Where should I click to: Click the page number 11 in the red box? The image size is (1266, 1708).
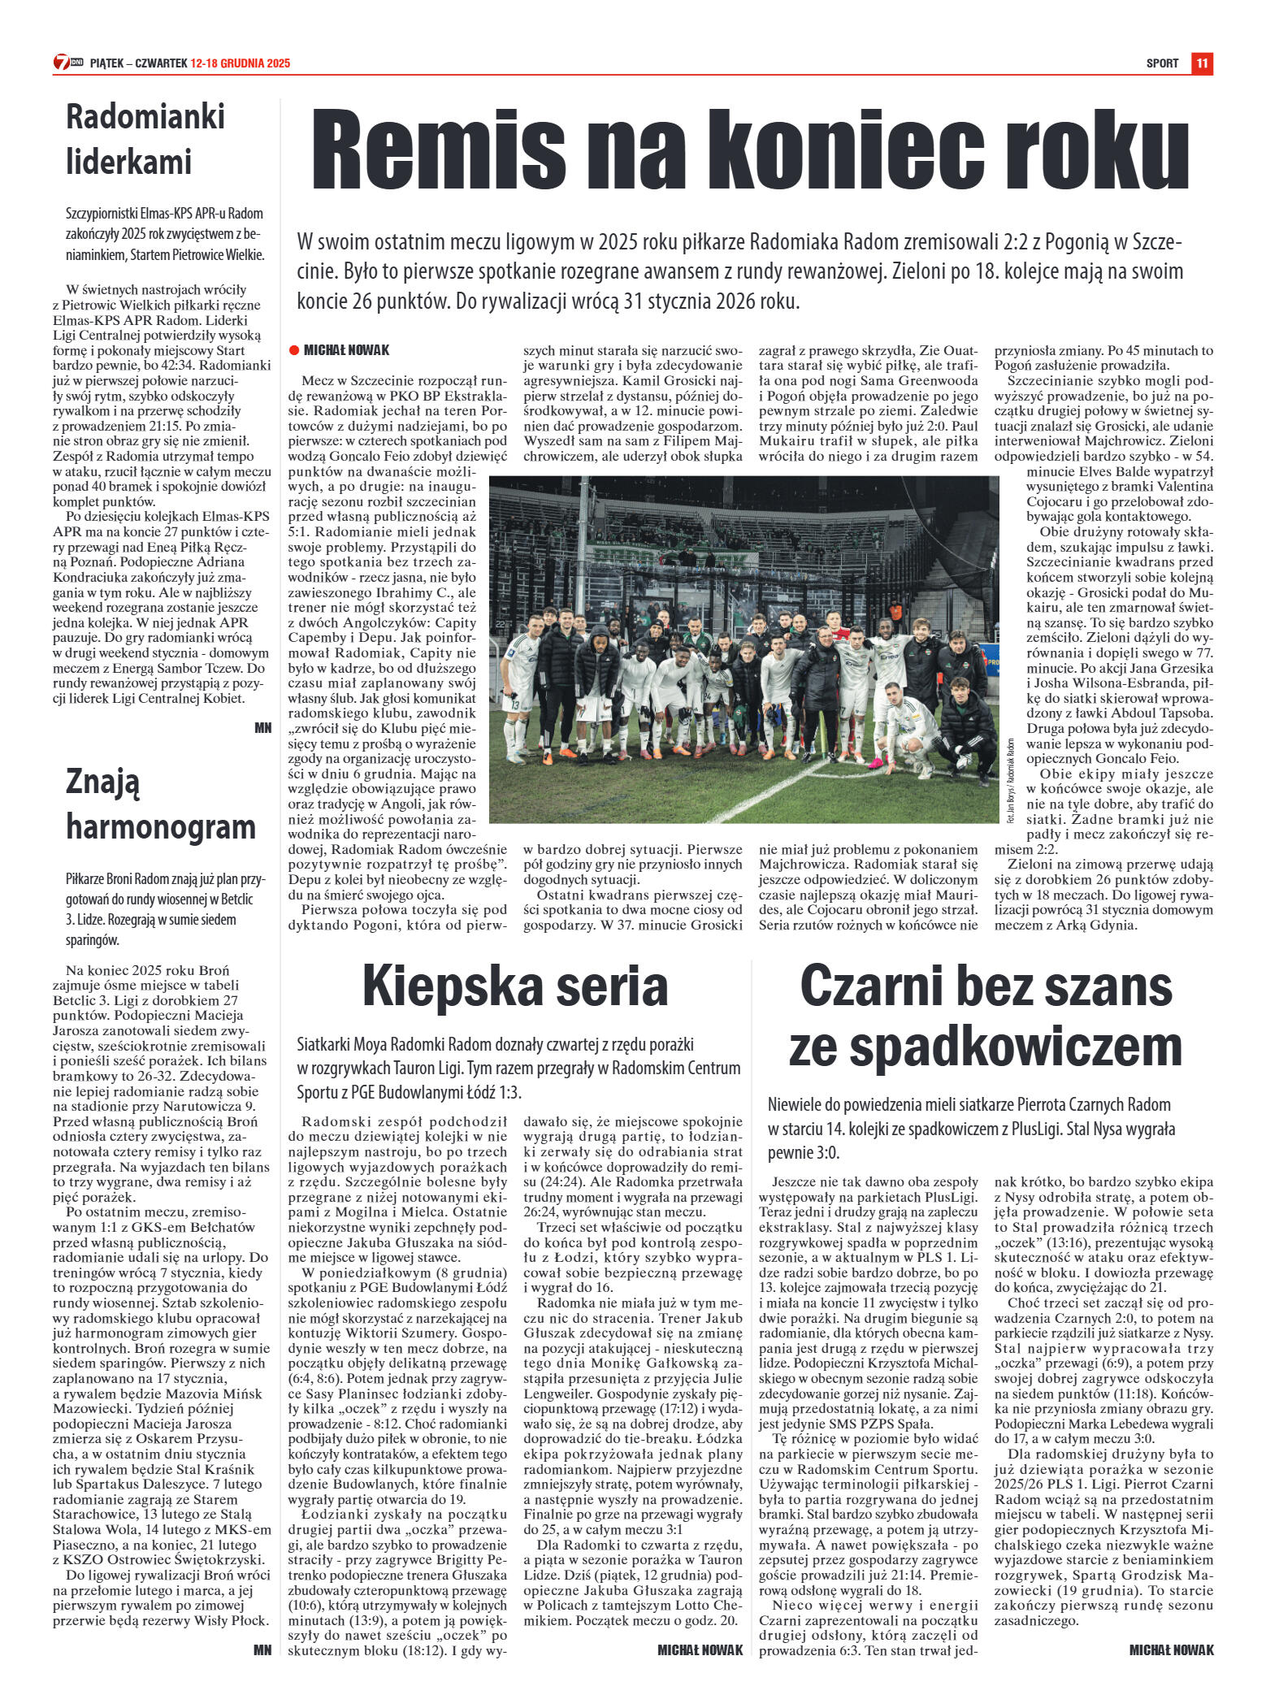click(1202, 63)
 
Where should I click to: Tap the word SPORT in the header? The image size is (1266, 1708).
click(1162, 63)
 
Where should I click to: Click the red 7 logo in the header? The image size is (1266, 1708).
click(62, 63)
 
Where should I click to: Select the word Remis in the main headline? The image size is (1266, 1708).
click(439, 150)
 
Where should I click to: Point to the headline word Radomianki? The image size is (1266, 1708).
click(145, 116)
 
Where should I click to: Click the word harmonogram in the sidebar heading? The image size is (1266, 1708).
click(161, 826)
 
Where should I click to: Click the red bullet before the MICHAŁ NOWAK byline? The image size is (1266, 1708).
click(294, 350)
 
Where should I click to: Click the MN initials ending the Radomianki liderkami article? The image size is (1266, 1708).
click(262, 728)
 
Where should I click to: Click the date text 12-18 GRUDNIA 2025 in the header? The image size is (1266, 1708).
click(241, 63)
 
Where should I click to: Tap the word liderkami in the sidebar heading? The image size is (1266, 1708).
click(128, 161)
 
